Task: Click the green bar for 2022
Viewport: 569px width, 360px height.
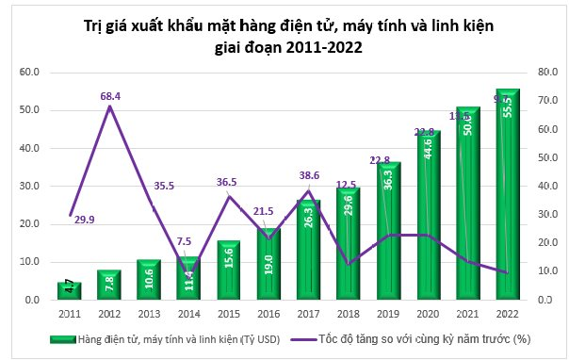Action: (x=509, y=193)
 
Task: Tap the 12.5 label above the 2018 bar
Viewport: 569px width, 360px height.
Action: (x=347, y=185)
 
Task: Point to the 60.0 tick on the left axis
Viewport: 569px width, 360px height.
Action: (x=30, y=72)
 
